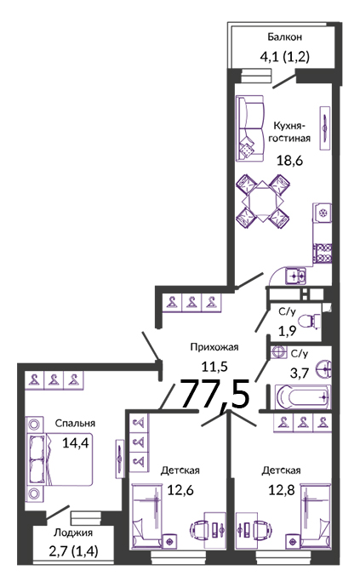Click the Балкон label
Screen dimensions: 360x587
(x=285, y=37)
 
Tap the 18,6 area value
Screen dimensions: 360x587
(x=289, y=161)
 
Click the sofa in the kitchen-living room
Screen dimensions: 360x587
(x=250, y=128)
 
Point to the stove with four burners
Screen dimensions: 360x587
(x=323, y=253)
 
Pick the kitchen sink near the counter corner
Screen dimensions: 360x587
(x=296, y=276)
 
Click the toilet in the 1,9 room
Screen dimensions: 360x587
(x=310, y=322)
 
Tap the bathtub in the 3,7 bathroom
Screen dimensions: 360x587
(x=304, y=396)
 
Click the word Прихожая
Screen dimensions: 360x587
(x=214, y=347)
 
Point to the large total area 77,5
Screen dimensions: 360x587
(x=215, y=393)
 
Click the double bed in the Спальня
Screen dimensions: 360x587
(x=60, y=459)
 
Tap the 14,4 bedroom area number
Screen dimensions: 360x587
(x=75, y=443)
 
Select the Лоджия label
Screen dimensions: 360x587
(x=73, y=533)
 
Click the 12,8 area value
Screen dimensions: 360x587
(x=282, y=490)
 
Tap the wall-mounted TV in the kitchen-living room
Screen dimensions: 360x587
(x=325, y=128)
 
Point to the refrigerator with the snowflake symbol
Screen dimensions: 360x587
(x=323, y=214)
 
